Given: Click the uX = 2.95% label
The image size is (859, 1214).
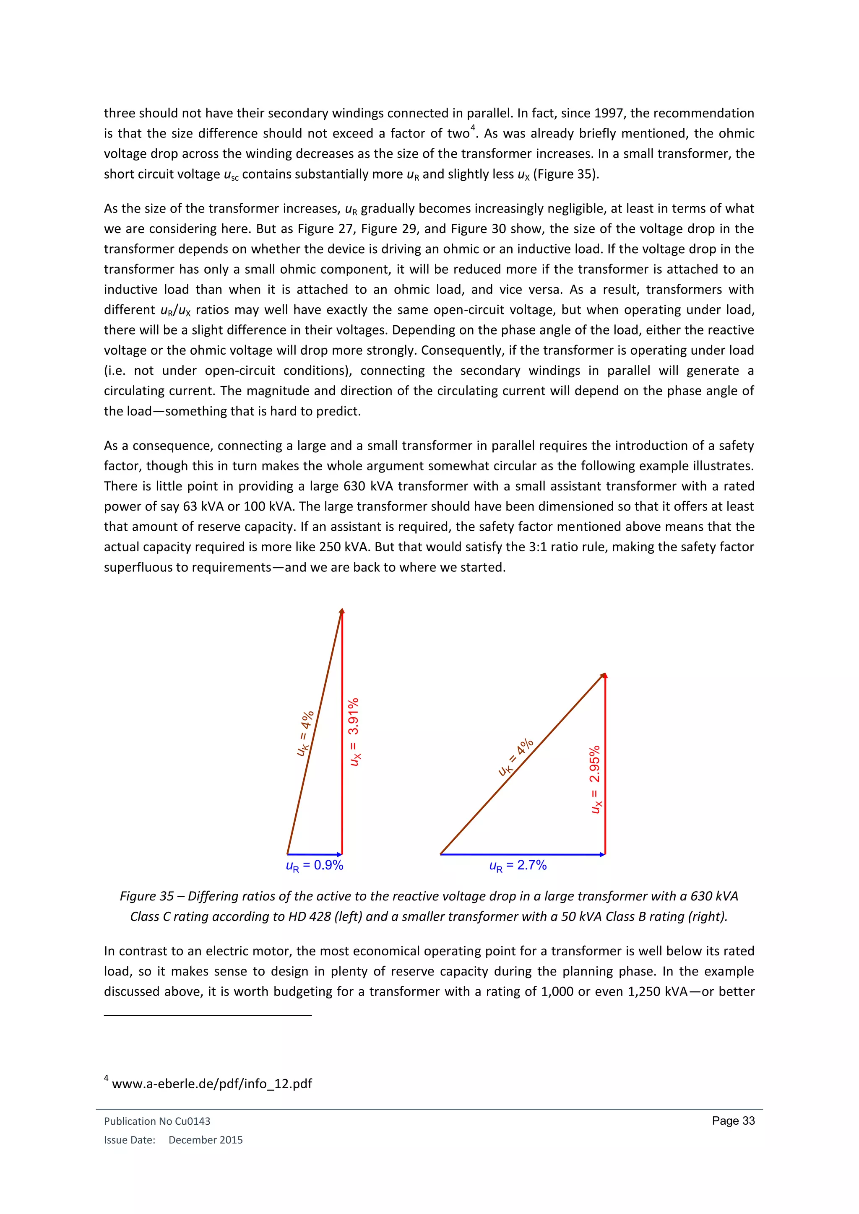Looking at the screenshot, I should click(x=596, y=779).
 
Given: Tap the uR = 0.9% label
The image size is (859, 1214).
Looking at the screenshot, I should click(x=314, y=866).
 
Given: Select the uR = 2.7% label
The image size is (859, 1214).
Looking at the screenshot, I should click(x=517, y=866).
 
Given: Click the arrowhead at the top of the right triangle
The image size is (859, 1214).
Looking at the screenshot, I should click(x=604, y=676).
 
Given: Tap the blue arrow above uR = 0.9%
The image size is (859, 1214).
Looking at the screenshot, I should click(x=315, y=854).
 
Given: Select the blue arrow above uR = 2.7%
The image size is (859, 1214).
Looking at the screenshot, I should click(x=523, y=854).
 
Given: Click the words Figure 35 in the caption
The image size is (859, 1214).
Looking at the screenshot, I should click(x=146, y=896).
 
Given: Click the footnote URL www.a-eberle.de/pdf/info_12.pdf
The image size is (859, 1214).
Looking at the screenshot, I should click(x=211, y=1084).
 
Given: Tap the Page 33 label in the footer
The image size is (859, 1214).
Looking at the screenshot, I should click(x=733, y=1121).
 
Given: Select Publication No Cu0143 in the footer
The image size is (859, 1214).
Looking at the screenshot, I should click(x=157, y=1121).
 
